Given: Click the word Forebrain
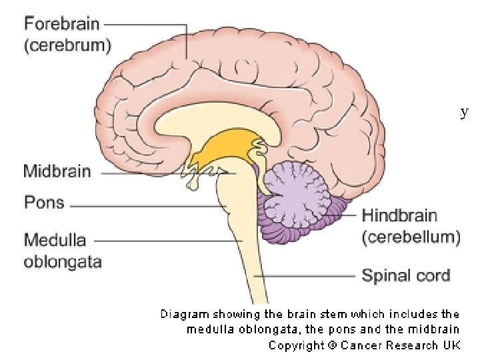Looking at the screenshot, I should coord(62,24).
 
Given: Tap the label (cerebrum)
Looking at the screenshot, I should coord(68,45).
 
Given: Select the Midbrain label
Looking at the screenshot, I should coord(57,171).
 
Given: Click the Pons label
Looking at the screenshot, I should coord(44,202).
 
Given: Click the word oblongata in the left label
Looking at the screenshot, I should coord(63,261).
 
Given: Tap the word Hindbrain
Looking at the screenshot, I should coord(400,215).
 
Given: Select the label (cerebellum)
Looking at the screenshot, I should coord(411,237).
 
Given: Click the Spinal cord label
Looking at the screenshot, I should coord(405,275).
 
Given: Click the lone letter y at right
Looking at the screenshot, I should coord(464,113).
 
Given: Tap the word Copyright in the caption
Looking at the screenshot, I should coord(295,345).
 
